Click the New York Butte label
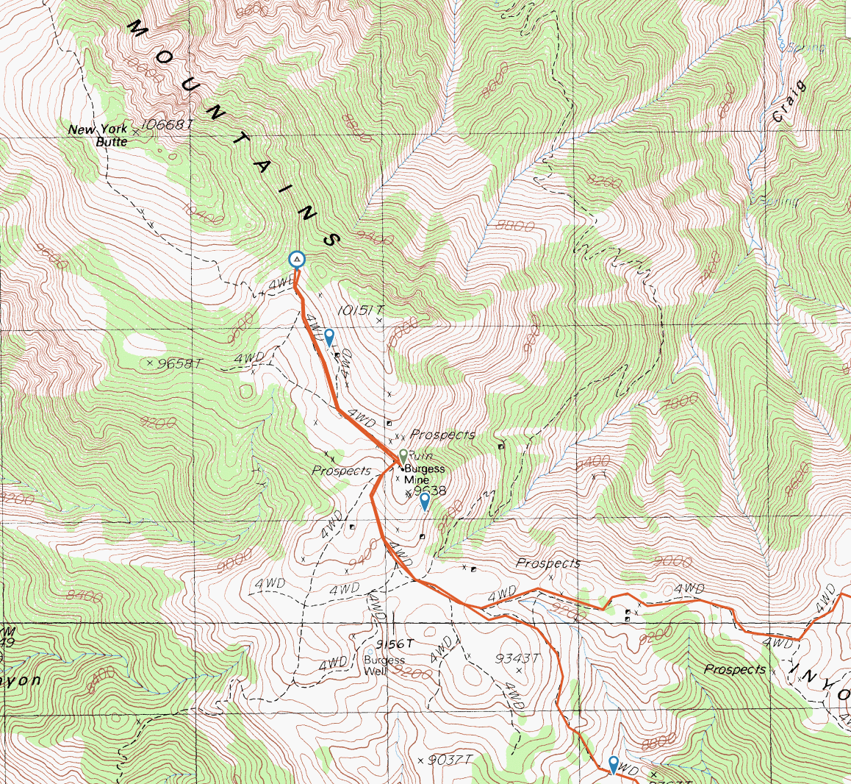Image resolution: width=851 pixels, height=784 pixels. coord(98,135)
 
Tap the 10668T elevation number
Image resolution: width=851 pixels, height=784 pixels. coord(167,125)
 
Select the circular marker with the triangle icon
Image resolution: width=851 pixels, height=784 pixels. coord(296,260)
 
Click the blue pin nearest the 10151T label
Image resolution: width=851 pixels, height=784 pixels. coord(330,338)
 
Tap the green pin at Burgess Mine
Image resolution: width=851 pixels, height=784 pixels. coord(403,456)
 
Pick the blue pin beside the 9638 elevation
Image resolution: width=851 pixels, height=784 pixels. coord(425,501)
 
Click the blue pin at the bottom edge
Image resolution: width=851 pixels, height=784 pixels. coord(614,764)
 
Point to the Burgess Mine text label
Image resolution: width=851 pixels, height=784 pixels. coord(423,474)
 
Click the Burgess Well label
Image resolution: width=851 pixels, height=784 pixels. coord(384,665)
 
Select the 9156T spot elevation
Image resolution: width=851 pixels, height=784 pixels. coord(395,644)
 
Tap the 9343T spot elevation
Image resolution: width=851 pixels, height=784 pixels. coord(517,658)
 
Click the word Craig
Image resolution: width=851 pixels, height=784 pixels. coord(790,101)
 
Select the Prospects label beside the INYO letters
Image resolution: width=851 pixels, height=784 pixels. coord(734,669)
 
